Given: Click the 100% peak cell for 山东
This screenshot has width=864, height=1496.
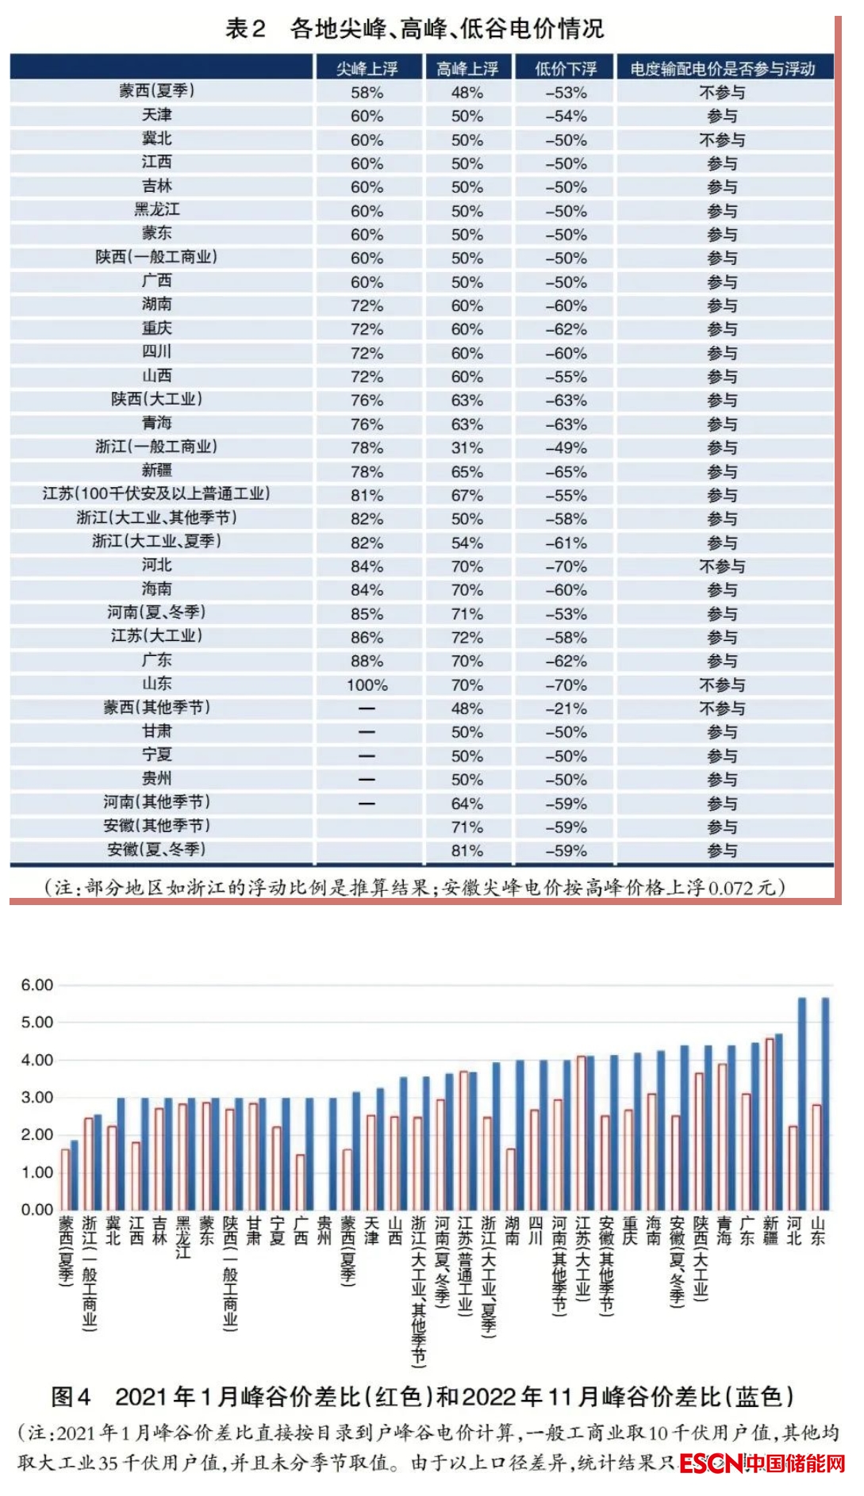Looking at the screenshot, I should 367,685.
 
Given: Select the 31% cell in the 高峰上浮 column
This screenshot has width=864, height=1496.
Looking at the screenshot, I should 467,447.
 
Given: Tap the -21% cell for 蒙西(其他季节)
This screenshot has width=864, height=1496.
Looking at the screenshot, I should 566,708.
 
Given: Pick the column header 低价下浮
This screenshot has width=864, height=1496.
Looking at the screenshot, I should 565,69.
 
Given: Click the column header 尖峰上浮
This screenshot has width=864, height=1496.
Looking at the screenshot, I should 367,69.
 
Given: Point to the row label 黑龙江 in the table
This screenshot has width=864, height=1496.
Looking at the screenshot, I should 156,210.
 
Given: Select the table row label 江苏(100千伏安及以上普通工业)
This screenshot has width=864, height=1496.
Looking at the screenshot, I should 156,494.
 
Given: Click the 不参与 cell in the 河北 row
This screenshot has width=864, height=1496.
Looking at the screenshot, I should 722,566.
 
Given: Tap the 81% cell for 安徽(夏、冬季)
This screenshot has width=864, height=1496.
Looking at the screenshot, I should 467,850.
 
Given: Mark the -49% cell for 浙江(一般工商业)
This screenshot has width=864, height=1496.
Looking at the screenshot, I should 566,447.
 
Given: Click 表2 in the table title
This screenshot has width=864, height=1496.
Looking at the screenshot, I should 245,29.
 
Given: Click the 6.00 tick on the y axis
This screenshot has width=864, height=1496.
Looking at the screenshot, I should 36,985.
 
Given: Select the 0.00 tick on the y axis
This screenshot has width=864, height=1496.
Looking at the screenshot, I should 36,1210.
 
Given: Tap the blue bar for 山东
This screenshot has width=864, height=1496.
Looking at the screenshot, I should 825,1103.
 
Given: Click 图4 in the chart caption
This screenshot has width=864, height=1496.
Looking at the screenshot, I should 71,1396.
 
